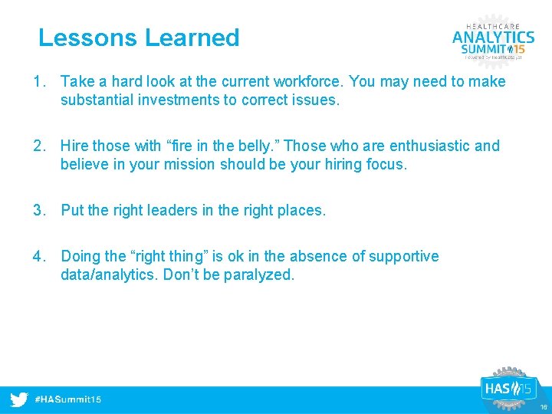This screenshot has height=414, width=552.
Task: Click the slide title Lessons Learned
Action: pos(139,38)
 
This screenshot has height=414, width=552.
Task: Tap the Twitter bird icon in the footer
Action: pos(20,399)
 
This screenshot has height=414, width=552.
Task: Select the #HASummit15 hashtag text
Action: pos(68,400)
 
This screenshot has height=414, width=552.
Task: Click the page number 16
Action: pos(543,407)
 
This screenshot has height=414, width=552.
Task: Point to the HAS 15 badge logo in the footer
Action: pos(507,388)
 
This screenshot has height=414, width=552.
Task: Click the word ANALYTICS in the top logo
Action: pos(493,38)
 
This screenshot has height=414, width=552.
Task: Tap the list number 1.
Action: pos(38,81)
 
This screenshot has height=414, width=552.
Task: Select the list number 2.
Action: pos(38,146)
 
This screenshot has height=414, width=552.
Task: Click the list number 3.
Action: pos(38,210)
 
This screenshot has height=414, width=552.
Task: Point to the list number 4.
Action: pos(38,256)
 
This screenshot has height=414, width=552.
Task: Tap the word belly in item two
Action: pos(256,146)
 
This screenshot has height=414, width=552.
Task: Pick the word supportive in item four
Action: pos(404,256)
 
